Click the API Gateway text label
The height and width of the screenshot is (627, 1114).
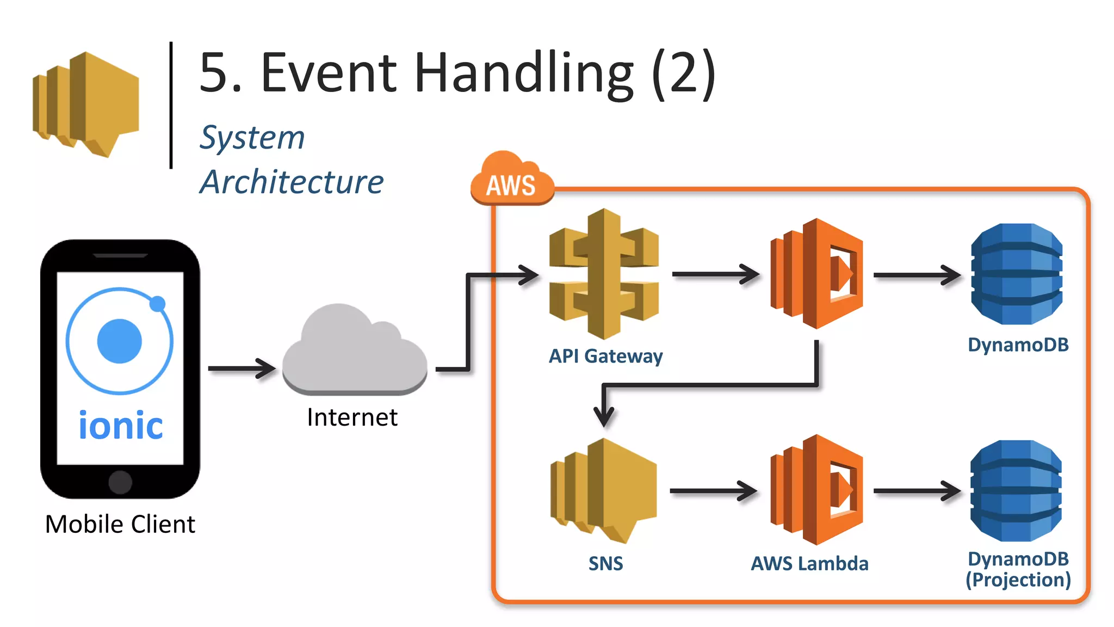[x=605, y=356]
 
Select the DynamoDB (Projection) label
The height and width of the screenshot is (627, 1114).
[x=1018, y=569]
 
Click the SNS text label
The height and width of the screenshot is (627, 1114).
[x=605, y=563]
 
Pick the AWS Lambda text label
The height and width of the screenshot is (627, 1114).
[x=809, y=563]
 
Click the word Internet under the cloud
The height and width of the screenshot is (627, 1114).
[x=352, y=417]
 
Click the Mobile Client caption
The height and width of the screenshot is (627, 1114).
[x=120, y=524]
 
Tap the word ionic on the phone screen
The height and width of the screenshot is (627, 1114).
[x=120, y=426]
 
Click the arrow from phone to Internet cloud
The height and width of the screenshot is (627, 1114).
[x=242, y=368]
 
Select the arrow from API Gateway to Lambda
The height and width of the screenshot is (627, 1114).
[x=715, y=274]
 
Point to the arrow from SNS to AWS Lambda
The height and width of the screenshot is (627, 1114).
[x=713, y=491]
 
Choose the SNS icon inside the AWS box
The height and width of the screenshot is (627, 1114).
[x=603, y=490]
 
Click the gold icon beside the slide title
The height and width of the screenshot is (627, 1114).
[x=86, y=103]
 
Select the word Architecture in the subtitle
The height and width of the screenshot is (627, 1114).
[x=292, y=182]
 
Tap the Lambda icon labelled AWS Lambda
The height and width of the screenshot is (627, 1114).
[x=816, y=490]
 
